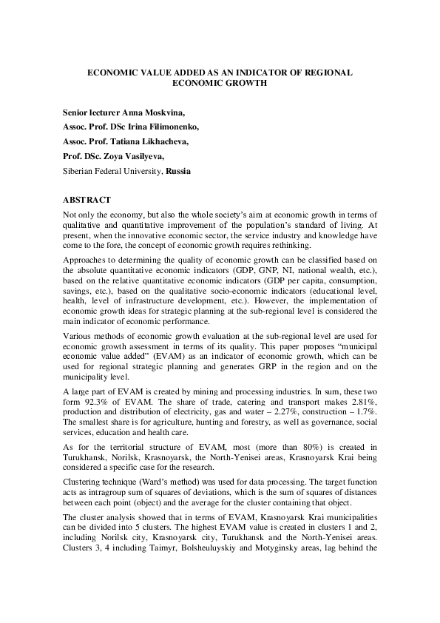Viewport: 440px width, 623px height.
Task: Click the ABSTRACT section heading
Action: [87, 201]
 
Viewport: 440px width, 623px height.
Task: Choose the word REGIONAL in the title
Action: [323, 73]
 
